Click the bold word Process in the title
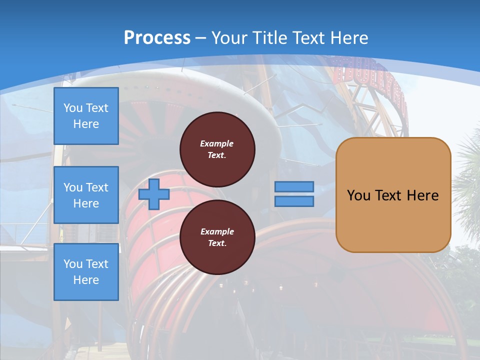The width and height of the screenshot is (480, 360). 157,38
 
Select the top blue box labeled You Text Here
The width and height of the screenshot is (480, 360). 86,116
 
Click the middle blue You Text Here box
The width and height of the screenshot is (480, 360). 86,195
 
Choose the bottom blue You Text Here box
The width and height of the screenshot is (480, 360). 86,272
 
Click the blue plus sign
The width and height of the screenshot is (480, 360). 154,194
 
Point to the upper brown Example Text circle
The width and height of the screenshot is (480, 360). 217,149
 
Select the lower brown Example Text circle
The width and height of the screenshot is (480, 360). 217,237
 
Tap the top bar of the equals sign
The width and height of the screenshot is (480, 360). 294,187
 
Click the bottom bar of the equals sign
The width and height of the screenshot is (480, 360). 294,201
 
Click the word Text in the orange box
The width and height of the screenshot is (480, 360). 388,195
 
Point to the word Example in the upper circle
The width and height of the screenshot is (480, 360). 217,144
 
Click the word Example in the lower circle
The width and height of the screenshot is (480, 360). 217,232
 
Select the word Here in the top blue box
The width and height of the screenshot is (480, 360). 86,124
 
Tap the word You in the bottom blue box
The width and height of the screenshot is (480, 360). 72,264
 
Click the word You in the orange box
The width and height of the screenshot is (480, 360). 358,195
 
